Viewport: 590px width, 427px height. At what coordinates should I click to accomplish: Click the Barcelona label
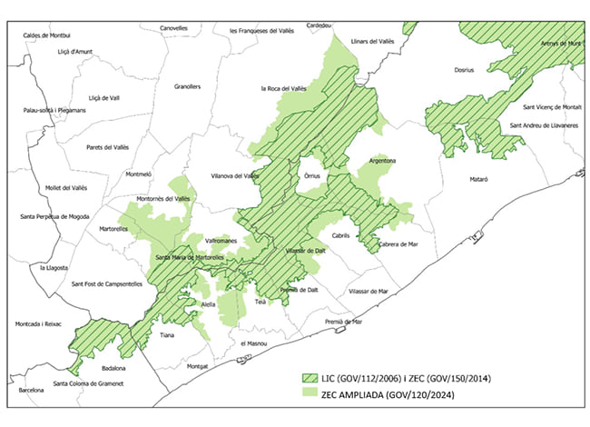pos(31,390)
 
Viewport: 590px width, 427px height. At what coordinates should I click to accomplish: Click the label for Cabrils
pos(340,234)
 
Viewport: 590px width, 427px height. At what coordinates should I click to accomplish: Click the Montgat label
pos(197,366)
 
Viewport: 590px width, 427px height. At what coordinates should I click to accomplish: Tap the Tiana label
pos(166,335)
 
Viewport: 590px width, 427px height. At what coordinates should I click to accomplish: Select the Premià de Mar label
pos(345,321)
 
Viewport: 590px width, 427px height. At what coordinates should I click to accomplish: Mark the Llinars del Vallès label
pos(372,41)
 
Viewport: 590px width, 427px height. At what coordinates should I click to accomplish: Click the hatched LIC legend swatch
pos(313,376)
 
